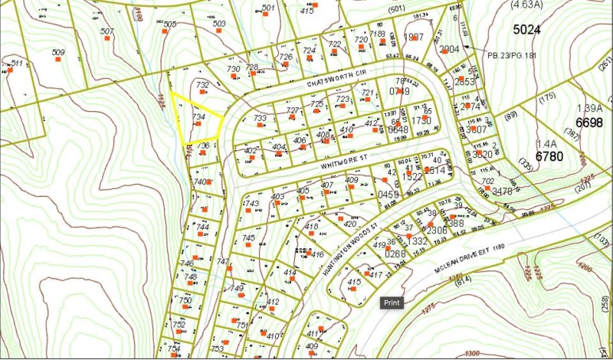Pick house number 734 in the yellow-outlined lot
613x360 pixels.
tap(198, 116)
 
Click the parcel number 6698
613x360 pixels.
tap(590, 123)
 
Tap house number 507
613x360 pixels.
tap(107, 31)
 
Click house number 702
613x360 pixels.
tap(487, 181)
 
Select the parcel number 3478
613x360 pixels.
tap(502, 191)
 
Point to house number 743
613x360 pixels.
tap(252, 204)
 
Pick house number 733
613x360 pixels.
tap(260, 119)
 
